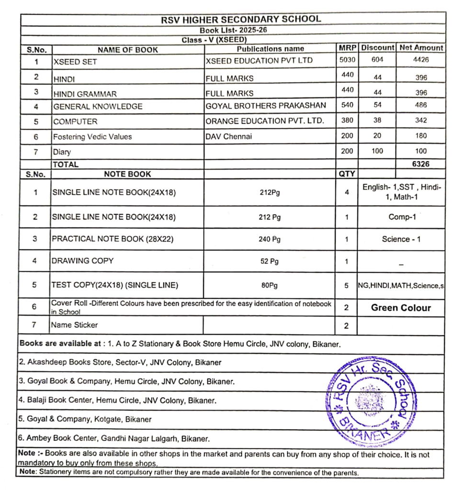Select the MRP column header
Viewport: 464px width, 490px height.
point(347,48)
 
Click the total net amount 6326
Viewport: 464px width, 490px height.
point(421,164)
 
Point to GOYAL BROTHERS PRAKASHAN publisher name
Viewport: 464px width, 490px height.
point(266,105)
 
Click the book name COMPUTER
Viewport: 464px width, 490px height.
point(75,122)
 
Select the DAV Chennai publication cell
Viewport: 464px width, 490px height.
point(228,136)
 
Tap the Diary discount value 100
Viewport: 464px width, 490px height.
point(377,151)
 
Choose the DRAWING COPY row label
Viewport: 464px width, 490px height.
point(83,261)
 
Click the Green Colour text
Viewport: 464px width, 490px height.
point(401,308)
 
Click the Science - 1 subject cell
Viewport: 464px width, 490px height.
point(401,239)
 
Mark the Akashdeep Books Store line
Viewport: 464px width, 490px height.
point(120,362)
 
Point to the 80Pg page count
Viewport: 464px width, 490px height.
point(270,285)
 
